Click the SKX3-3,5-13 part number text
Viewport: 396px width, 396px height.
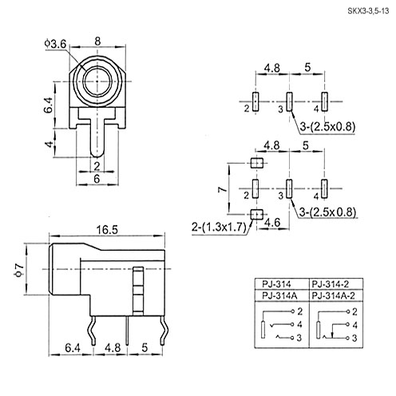click(x=368, y=11)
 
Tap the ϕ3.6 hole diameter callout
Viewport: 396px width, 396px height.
click(x=55, y=44)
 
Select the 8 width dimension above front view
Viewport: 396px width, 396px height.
click(x=97, y=42)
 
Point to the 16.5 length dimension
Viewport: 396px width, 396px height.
click(x=107, y=230)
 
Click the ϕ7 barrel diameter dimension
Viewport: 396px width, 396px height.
click(x=19, y=270)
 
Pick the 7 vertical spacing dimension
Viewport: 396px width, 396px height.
click(x=223, y=189)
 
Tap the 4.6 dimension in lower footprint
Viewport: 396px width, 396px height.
click(x=273, y=223)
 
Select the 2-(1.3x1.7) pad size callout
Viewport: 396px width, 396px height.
click(x=219, y=228)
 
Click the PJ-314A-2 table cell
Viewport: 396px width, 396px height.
click(x=333, y=295)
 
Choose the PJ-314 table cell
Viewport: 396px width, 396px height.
click(x=276, y=284)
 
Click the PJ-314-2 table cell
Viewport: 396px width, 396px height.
click(x=330, y=284)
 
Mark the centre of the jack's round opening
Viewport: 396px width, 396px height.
click(x=97, y=81)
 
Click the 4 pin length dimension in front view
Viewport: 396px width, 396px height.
click(x=49, y=144)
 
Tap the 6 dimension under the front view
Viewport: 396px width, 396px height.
click(x=97, y=179)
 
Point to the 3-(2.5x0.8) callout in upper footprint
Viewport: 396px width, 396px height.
click(x=327, y=127)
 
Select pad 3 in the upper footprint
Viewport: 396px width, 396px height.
click(x=289, y=101)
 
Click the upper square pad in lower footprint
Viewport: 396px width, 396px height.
click(x=257, y=163)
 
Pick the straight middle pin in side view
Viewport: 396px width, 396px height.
click(x=128, y=331)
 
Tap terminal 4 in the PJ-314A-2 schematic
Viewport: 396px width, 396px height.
click(x=347, y=324)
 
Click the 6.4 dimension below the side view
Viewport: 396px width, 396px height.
click(x=73, y=348)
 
